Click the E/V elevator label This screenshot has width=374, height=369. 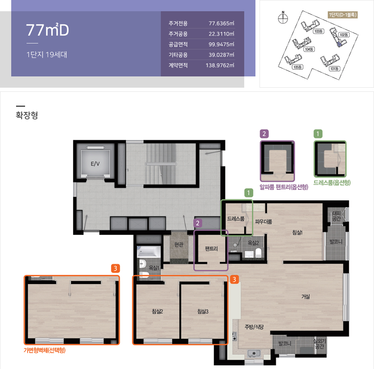coord(95,164)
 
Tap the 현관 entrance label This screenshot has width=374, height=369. coord(179,244)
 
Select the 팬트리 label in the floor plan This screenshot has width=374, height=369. coord(211,248)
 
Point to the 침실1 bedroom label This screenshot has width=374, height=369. coord(297,232)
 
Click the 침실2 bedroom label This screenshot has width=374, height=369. coord(157,311)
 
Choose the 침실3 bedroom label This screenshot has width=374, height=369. coord(203,311)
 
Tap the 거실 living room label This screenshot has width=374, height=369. coord(306,296)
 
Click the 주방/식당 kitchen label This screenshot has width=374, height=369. coord(254,327)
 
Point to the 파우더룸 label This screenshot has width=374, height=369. coord(264,221)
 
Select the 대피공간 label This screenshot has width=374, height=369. coord(336,215)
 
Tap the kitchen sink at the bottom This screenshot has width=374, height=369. coord(254,353)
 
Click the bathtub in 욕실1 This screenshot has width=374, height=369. coord(149,251)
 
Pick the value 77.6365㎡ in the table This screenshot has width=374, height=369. coord(221,23)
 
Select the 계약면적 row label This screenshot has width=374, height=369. coord(178,65)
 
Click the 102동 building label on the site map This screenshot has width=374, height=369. coord(344,35)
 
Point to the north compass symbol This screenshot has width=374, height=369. coord(283,18)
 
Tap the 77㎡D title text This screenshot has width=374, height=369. coord(47,30)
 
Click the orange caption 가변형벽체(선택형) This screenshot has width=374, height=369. coord(45,350)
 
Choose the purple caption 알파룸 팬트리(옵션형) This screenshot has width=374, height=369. coord(284,187)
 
